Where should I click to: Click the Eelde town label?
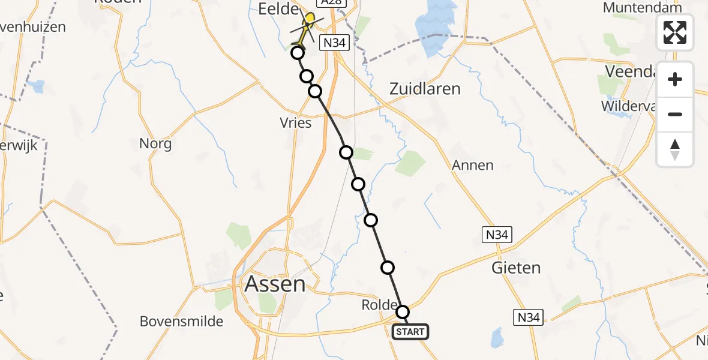278,10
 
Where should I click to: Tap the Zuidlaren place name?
425,89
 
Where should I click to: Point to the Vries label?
296,123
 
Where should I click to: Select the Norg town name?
155,144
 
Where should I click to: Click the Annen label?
473,165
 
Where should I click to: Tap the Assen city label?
275,284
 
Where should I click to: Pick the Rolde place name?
379,305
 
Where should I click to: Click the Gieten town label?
516,268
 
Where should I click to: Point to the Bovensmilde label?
181,322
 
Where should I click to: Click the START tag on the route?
411,332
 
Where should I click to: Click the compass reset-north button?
675,149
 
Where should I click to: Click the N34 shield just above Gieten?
497,235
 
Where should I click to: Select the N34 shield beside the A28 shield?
335,43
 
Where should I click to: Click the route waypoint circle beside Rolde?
403,312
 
